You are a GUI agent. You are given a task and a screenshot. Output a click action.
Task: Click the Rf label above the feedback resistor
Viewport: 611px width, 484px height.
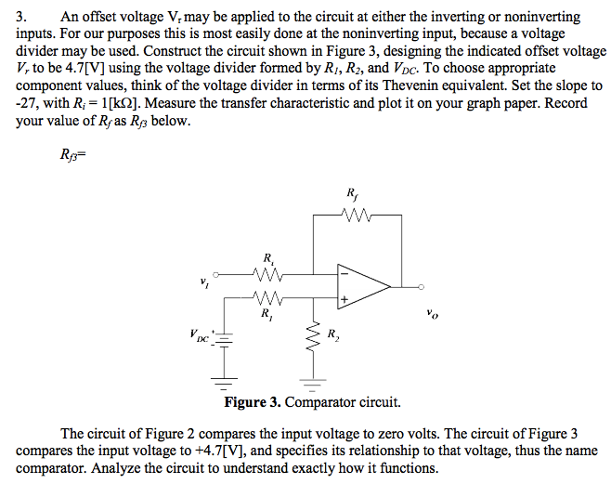coord(351,195)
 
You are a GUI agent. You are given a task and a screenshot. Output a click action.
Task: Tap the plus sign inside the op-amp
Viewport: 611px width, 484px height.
coord(344,299)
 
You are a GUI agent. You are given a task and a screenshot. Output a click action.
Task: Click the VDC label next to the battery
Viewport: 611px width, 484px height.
coord(198,336)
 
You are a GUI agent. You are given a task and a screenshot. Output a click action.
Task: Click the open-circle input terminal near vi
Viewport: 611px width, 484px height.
coord(218,275)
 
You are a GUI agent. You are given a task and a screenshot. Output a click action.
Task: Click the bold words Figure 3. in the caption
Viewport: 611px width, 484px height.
coord(252,403)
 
